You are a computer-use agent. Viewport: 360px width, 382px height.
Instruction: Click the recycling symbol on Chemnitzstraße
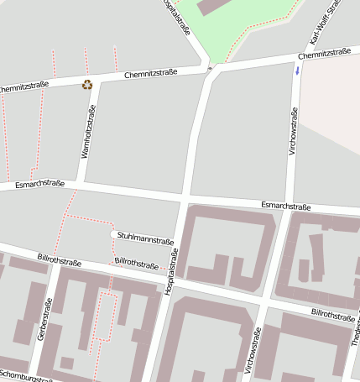pos(87,84)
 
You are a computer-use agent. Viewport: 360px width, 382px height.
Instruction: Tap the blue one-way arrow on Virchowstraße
pos(296,69)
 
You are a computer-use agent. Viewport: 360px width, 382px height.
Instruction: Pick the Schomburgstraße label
pos(25,374)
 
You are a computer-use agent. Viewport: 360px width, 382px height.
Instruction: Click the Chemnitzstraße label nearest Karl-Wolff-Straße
pos(324,54)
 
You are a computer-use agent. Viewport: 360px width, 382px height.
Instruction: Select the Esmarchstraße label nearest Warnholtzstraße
pos(39,183)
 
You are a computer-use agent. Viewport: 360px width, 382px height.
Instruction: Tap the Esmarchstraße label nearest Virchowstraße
pos(285,206)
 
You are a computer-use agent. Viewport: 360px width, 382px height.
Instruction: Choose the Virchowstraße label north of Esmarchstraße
pos(293,130)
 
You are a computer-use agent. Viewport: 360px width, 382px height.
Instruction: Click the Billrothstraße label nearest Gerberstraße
pos(59,259)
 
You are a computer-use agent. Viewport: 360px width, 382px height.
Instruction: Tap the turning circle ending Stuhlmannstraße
pos(113,234)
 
